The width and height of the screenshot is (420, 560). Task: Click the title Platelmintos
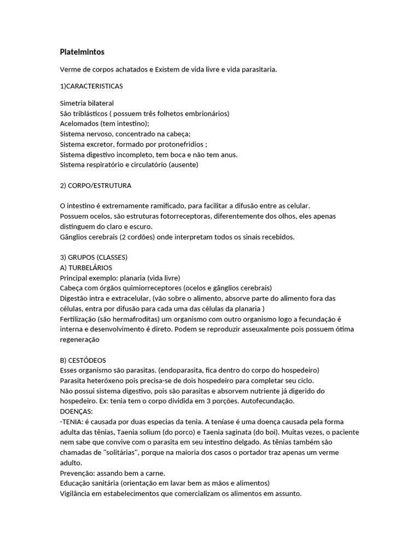pos(82,52)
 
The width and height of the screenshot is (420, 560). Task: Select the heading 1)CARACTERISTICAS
pos(91,86)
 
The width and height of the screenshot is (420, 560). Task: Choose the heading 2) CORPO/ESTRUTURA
pos(95,185)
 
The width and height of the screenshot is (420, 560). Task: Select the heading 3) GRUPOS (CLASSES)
pos(94,257)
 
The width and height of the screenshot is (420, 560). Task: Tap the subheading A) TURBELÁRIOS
pos(86,267)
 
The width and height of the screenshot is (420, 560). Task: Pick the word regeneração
pos(80,340)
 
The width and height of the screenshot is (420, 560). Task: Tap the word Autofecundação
pos(264,401)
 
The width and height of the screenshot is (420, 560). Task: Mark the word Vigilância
pos(77,494)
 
